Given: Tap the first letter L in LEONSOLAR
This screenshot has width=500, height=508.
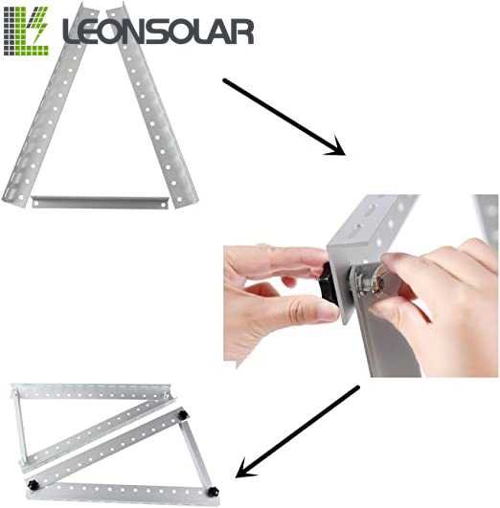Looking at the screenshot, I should (74, 33).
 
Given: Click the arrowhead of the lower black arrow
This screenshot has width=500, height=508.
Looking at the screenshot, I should (246, 468).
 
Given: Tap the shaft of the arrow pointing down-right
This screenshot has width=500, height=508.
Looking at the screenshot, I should (278, 112).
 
